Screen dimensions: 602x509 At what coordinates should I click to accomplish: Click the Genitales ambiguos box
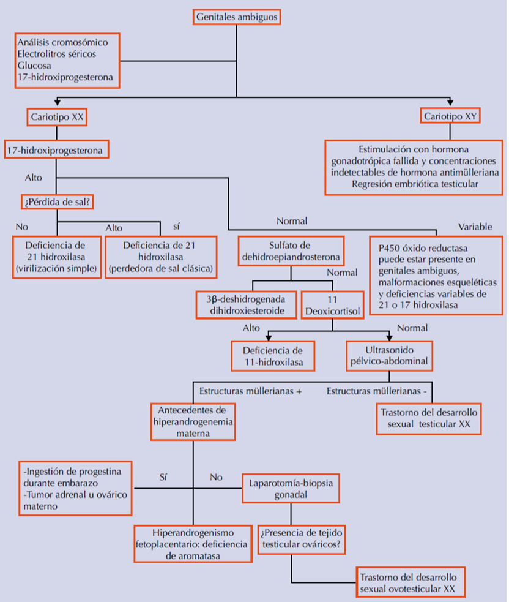[x=237, y=17]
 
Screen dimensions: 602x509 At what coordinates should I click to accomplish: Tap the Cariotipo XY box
[x=450, y=116]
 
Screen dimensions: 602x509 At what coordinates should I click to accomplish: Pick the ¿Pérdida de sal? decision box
[x=57, y=201]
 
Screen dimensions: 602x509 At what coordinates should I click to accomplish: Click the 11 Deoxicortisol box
[x=333, y=306]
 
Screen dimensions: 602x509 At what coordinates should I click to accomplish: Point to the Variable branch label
[x=475, y=227]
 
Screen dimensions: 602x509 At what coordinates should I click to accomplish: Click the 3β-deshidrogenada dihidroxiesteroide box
[x=246, y=306]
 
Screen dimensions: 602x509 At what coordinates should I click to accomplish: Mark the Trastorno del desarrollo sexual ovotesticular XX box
[x=411, y=583]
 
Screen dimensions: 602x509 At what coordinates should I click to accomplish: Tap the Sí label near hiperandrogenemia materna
[x=163, y=476]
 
